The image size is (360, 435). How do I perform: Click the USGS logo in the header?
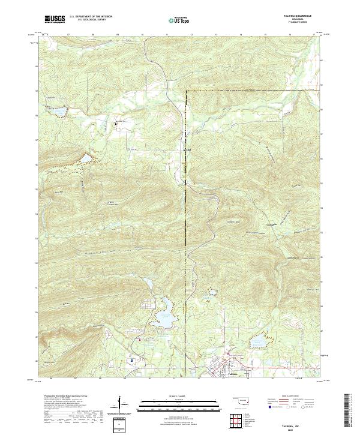[55, 19]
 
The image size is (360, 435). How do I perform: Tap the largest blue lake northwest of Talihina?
[164, 321]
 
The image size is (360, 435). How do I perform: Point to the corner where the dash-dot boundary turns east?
[186, 91]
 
